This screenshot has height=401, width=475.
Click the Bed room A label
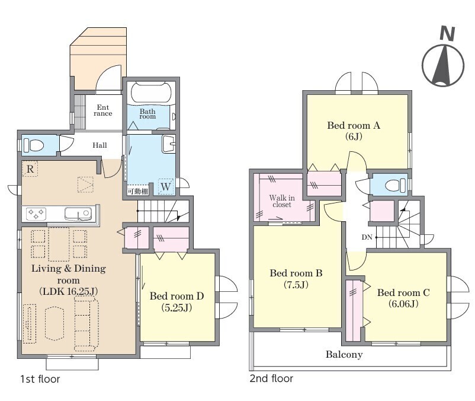click(x=354, y=125)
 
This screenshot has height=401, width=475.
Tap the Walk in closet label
click(x=282, y=201)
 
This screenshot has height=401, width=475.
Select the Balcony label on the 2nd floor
click(x=344, y=354)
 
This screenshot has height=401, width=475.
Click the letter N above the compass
click(x=447, y=34)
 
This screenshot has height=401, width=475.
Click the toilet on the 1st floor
click(x=34, y=145)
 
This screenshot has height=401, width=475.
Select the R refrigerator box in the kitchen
click(x=30, y=168)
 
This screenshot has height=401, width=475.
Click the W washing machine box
click(x=166, y=186)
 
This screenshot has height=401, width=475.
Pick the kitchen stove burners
click(x=36, y=214)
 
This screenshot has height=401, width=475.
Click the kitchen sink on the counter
click(x=78, y=214)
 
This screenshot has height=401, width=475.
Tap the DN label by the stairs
click(x=367, y=237)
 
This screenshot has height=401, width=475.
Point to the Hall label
click(x=100, y=145)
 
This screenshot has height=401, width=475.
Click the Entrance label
click(x=102, y=110)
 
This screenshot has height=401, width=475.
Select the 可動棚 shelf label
click(x=138, y=192)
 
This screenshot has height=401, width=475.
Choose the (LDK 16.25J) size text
click(x=69, y=291)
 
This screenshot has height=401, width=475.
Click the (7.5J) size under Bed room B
click(x=296, y=285)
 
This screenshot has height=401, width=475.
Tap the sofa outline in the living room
click(x=86, y=324)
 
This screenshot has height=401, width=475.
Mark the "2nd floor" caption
click(x=271, y=378)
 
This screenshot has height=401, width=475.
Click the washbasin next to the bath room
click(x=168, y=144)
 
